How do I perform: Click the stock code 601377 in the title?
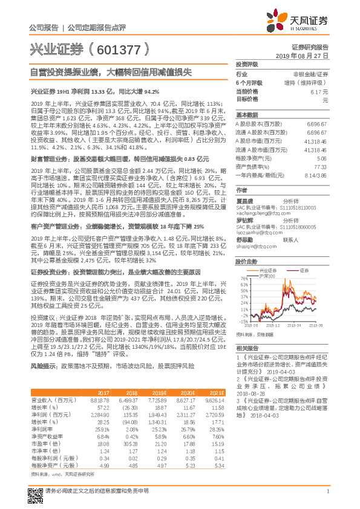point(116,49)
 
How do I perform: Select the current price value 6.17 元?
point(319,91)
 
